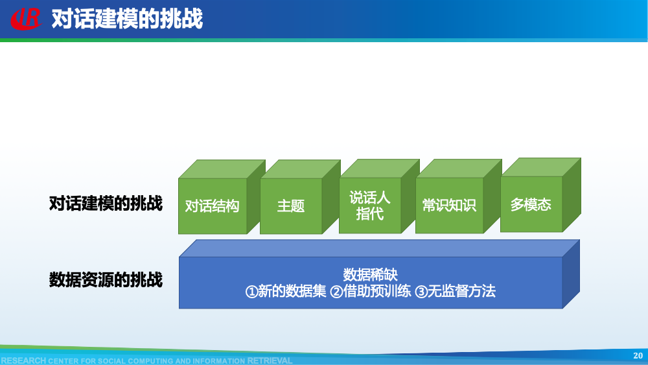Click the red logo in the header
(x=25, y=19)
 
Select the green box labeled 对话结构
(x=213, y=206)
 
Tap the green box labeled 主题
(x=291, y=206)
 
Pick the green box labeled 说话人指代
(x=370, y=206)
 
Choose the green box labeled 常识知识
(x=449, y=206)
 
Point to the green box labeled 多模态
(x=531, y=204)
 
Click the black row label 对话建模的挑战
(x=106, y=204)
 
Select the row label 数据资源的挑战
(x=106, y=280)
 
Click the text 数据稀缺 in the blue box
(x=370, y=274)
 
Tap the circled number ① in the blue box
(x=251, y=292)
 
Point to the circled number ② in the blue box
(x=336, y=292)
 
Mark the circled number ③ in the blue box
(x=421, y=292)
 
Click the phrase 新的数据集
(x=292, y=292)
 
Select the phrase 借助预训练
(x=376, y=292)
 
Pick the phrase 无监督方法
(x=462, y=292)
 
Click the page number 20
(x=638, y=355)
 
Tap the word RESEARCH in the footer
(x=23, y=360)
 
